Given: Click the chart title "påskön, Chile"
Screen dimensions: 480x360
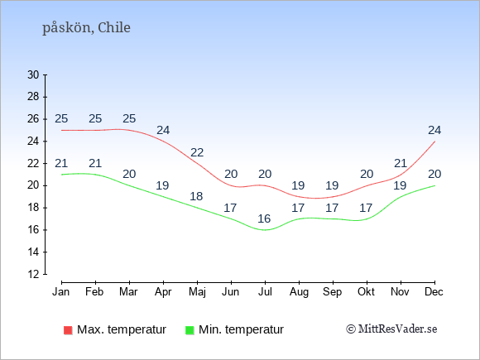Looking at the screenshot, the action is [86, 27].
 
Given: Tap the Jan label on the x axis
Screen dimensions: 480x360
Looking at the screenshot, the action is [61, 292].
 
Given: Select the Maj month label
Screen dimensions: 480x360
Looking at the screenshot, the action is [197, 292].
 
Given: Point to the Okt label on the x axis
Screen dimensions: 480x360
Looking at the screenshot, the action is [366, 292].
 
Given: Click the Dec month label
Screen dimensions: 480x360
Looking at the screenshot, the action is [434, 292].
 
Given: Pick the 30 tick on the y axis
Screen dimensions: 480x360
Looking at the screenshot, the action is [33, 74].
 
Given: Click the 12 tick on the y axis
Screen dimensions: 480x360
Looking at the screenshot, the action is [33, 274].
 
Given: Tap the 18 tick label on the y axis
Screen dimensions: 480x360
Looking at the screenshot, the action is [33, 208].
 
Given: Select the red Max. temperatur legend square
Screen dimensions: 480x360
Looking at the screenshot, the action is [68, 330].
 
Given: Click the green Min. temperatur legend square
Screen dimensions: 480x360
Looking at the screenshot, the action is [190, 330].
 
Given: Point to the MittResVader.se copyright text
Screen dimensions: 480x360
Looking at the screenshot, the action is [391, 329].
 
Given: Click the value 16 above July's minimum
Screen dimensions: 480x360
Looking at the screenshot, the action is [264, 218].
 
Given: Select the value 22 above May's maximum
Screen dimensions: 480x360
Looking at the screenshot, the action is [197, 152].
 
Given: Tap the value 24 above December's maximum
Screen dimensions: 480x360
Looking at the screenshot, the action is [434, 131].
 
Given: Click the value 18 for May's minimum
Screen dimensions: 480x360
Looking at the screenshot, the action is [196, 196].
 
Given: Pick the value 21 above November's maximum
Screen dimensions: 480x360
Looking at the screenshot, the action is [401, 164].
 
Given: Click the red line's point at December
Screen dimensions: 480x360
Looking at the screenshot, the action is [434, 142].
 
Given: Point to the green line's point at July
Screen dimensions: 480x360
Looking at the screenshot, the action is [265, 230].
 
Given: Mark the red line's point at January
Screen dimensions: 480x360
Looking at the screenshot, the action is [61, 130].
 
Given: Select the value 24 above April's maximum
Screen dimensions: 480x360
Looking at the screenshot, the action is [163, 131].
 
